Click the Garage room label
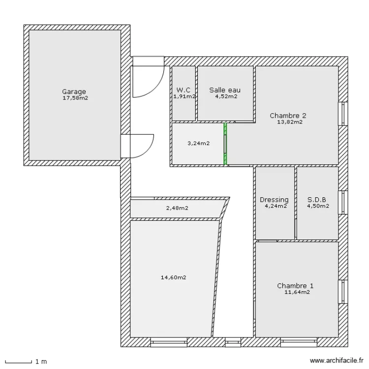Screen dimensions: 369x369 [x=74, y=92]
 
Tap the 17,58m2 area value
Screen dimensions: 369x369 [x=75, y=98]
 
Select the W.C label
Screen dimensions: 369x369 [x=184, y=90]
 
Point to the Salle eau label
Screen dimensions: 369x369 [x=225, y=90]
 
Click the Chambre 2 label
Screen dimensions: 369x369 [x=288, y=116]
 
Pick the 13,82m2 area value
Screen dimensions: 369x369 [x=290, y=122]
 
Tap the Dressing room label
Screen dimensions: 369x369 [x=274, y=200]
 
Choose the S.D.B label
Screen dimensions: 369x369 [x=317, y=200]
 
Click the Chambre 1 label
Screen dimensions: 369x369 [x=295, y=286]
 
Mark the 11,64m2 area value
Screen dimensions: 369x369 [x=297, y=292]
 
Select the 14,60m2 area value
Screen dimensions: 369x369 [x=174, y=277]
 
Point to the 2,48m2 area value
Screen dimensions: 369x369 [x=177, y=208]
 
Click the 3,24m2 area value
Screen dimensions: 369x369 [x=198, y=143]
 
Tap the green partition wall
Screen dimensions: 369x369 [x=225, y=144]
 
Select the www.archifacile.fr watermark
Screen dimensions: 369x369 [x=337, y=361]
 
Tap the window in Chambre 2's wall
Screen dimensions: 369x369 [x=343, y=114]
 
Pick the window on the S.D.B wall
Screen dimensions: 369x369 [x=343, y=202]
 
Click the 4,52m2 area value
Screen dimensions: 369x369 [x=226, y=96]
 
